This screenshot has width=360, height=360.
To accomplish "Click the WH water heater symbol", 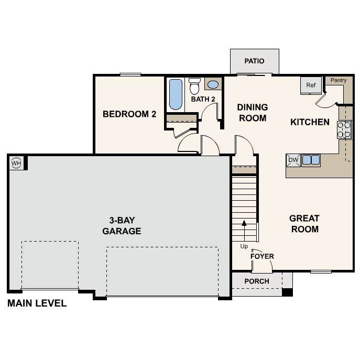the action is coord(16,163).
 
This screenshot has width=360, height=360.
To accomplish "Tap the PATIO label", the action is coord(254,61).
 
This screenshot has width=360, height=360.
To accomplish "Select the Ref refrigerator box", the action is coord(311,85).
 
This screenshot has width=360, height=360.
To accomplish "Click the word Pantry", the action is coord(339,80).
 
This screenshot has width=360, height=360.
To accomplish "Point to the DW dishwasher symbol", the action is coord(293,160).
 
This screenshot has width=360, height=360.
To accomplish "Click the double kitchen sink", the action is coord(311,160).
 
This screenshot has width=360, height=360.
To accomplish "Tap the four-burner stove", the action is coord(344,129).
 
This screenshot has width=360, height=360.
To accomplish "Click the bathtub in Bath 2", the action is coord(176,94).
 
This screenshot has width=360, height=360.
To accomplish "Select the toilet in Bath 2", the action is coord(194,86).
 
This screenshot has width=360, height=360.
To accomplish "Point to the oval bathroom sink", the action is coord(213,84).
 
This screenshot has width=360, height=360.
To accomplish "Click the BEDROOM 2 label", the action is coord(129,114).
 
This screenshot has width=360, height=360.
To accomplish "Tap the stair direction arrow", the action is coord(244,231).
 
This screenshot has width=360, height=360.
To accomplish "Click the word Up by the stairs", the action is coord(244,246).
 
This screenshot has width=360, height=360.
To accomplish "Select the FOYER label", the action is coord(262,256).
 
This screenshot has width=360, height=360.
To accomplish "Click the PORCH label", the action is coord(257,281).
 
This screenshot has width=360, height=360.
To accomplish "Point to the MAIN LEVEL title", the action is coord(37,303).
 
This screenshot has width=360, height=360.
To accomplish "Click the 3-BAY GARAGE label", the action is coord(122,226).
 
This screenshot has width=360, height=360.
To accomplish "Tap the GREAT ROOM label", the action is coord(304,224).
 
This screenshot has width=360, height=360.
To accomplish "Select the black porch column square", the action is coord(287,292).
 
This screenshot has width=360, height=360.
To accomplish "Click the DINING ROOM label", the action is coord(253,113).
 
